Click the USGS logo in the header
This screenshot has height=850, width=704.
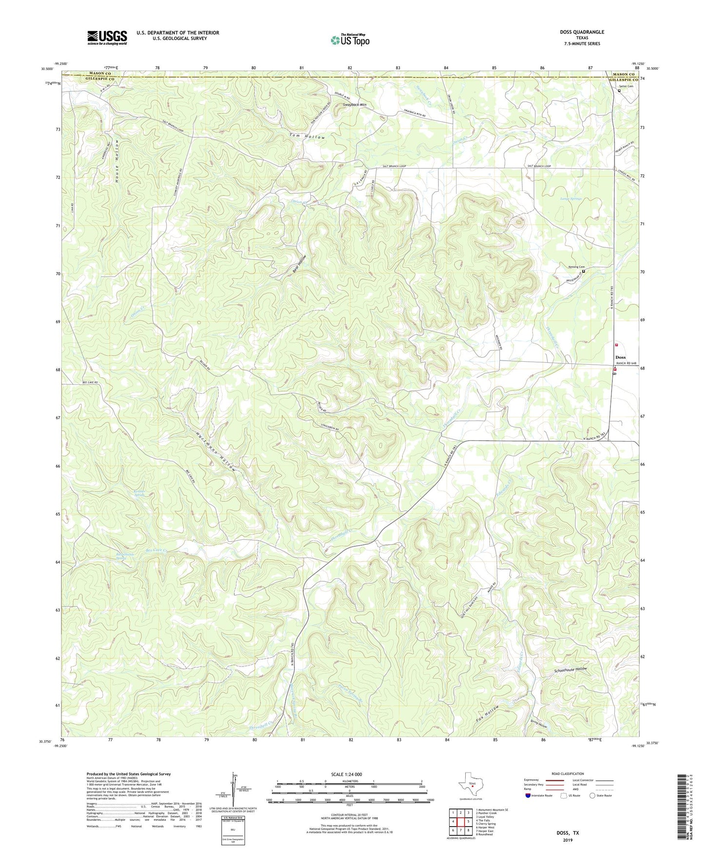click(107, 37)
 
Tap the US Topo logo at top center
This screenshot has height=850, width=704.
click(349, 40)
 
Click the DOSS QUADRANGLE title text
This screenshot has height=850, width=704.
click(582, 32)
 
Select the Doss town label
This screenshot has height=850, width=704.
click(620, 357)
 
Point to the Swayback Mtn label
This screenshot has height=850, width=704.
click(355, 105)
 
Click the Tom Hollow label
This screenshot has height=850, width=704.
click(307, 137)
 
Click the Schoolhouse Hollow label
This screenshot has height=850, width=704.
click(571, 669)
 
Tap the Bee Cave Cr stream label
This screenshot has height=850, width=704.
click(157, 550)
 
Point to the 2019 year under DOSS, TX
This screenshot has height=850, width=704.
click(568, 840)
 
